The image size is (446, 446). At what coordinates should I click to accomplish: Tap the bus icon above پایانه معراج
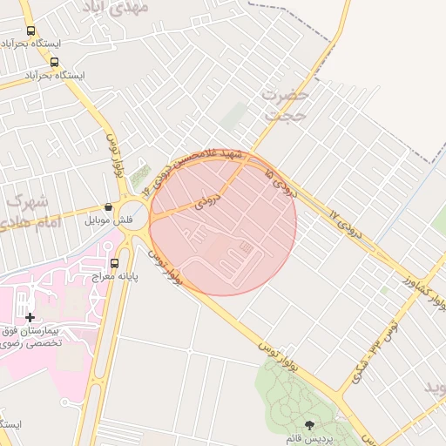114,263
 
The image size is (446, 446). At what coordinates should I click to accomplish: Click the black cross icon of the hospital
30,318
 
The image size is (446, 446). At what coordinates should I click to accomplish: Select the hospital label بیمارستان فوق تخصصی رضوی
40,337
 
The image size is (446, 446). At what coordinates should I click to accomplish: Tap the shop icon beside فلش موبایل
108,207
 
